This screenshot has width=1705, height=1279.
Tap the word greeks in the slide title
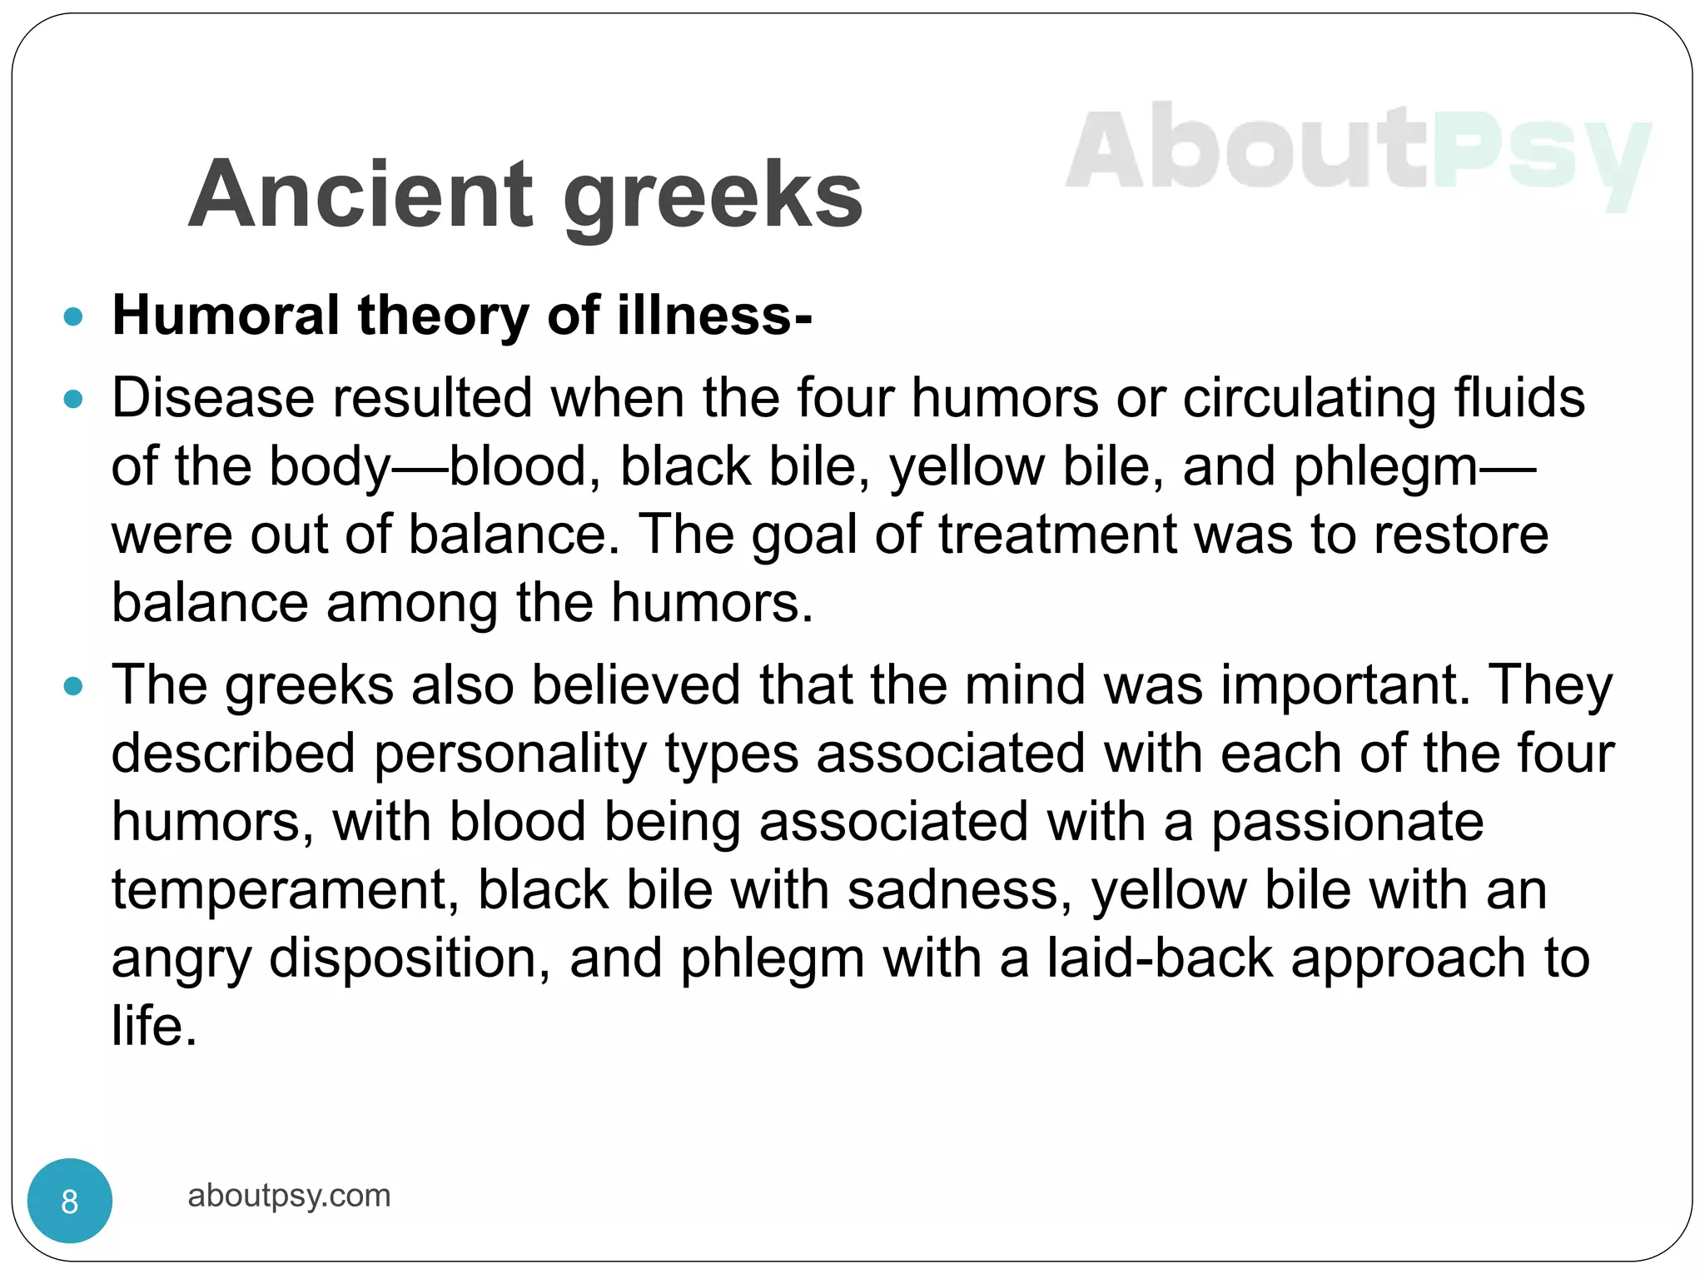pos(713,198)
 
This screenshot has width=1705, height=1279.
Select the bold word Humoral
pos(226,316)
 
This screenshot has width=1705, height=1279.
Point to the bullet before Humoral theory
pos(73,316)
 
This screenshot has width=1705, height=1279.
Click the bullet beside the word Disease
pos(73,399)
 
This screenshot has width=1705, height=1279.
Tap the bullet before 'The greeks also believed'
pos(73,686)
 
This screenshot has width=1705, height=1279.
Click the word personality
pos(510,754)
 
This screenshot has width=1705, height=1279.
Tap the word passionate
pos(1346,823)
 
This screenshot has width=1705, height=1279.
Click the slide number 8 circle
pos(70,1201)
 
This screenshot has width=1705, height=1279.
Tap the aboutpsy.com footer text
pos(289,1196)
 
